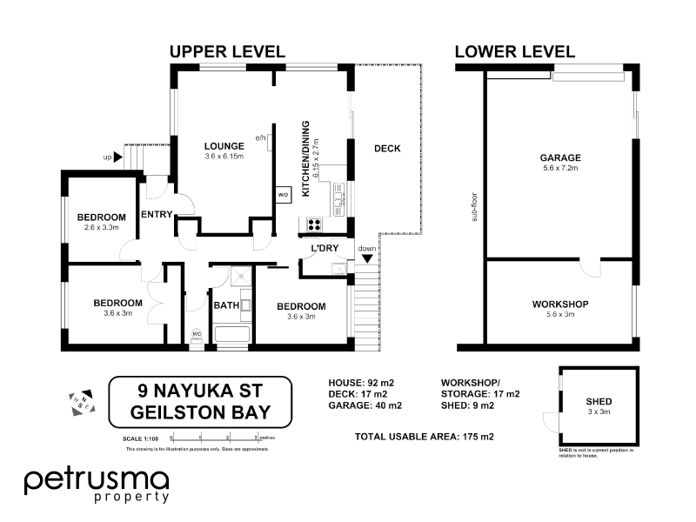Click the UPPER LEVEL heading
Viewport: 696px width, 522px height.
227,52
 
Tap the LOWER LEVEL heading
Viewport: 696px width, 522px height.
515,52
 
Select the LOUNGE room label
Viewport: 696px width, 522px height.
224,146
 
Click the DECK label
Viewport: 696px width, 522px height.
387,149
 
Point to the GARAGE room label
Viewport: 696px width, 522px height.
560,157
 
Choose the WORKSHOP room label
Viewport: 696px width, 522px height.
560,304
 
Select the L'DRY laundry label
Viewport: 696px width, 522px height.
325,249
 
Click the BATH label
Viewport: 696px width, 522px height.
226,305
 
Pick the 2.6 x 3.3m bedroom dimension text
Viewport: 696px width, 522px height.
101,227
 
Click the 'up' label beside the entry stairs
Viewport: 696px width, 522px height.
108,157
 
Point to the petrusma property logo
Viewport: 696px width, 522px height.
97,484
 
